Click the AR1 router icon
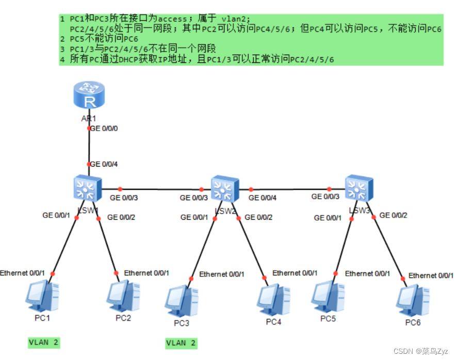89,96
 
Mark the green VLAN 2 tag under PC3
181,343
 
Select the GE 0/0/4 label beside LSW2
263,198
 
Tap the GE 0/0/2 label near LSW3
394,215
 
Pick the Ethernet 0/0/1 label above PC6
431,276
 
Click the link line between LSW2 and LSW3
291,189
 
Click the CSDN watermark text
422,351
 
